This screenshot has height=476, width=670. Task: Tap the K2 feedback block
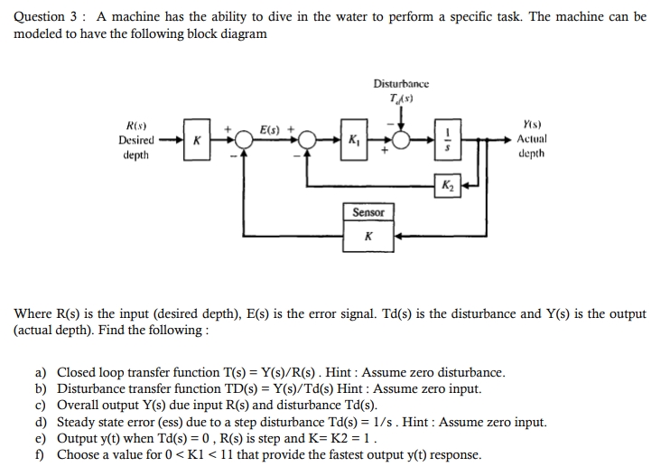tap(448, 186)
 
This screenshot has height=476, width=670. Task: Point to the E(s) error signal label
tap(271, 128)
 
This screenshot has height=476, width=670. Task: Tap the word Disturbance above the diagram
tap(401, 83)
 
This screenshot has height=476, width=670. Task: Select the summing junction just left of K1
tap(309, 141)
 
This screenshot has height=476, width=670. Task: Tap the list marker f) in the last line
tap(41, 454)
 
